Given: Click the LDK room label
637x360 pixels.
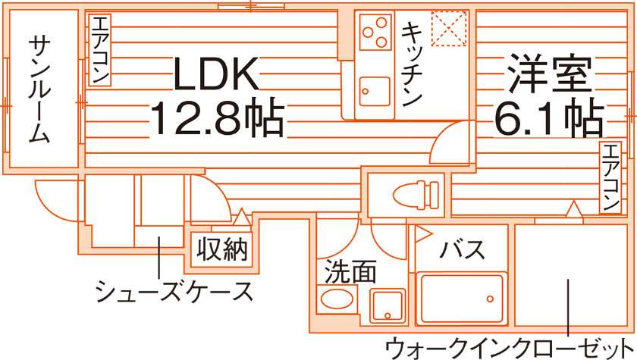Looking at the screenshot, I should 218,75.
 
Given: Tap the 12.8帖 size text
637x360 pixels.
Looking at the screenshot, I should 218,117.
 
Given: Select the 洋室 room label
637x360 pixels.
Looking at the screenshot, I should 550,75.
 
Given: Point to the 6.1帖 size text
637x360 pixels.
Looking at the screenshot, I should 550,117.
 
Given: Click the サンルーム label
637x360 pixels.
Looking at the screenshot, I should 40,89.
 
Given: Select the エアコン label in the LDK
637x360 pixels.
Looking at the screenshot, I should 100,50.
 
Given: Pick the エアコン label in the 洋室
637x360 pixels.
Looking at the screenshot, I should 611,177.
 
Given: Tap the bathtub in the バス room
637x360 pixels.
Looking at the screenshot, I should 462,299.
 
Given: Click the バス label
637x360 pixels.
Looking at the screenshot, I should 463,249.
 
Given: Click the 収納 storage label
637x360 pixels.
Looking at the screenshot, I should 222,249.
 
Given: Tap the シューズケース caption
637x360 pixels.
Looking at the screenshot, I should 174,291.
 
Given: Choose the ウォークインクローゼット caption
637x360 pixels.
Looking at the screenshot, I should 508,349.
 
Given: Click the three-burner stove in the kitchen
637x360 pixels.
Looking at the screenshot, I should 374,33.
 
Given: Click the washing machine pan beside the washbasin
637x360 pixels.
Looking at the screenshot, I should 388,306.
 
